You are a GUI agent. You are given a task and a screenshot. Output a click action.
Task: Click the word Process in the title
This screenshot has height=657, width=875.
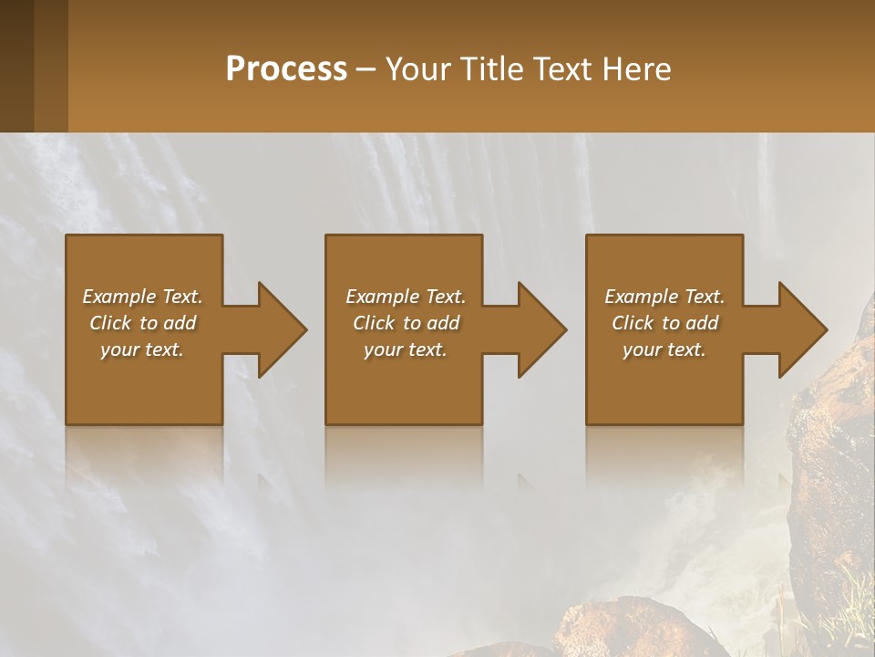pos(286,68)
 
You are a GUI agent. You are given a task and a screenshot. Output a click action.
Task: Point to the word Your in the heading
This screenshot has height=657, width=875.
pos(419,68)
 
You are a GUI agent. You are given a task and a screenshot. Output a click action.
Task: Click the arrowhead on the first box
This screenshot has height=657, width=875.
pos(279,329)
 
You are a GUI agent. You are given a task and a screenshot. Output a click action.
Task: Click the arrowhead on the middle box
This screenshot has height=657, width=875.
pos(539,329)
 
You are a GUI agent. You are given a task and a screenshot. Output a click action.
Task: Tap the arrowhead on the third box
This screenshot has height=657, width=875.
pos(799,329)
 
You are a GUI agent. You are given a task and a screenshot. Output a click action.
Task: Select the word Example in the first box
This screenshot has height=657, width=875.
pos(119,297)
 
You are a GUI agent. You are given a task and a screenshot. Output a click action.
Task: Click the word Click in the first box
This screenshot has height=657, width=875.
pos(110,323)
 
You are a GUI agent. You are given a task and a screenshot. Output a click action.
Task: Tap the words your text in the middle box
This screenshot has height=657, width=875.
pos(405,349)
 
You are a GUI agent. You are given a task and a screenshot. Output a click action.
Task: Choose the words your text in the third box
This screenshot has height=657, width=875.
pos(664,349)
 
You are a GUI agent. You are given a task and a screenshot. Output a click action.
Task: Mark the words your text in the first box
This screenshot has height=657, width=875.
pos(141,349)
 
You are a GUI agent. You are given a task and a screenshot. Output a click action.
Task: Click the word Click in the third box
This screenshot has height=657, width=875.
pos(633,323)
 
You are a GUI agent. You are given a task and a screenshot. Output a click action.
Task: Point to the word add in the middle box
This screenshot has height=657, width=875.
pos(443,323)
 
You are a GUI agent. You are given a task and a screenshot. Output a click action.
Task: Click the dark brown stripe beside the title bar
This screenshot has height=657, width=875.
pos(16,66)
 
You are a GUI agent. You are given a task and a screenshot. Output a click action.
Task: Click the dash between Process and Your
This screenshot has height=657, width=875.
pos(366,69)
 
